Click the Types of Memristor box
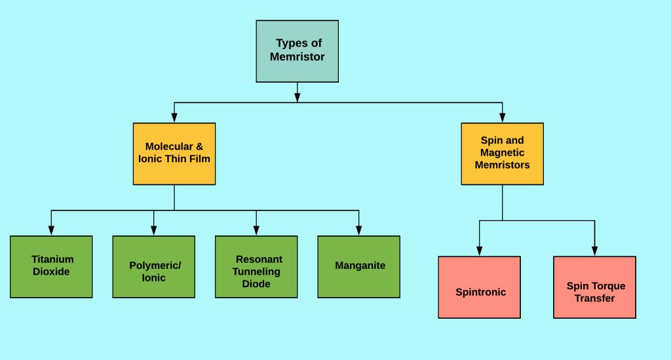(x=297, y=50)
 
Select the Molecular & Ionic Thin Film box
(x=174, y=153)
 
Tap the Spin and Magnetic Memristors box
(x=502, y=153)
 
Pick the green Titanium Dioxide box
(x=51, y=266)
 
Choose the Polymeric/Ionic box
(x=153, y=266)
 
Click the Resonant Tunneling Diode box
(x=256, y=266)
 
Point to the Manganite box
(x=358, y=266)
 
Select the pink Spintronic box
(x=479, y=287)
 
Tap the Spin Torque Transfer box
(x=594, y=287)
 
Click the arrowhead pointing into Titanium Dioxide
(x=51, y=230)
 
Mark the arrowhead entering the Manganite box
(x=358, y=230)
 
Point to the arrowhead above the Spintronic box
(x=479, y=250)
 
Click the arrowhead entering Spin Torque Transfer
(x=594, y=250)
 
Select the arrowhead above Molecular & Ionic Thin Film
(x=174, y=117)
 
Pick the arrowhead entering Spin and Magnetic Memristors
(x=502, y=117)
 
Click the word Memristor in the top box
(x=297, y=57)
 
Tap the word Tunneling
(x=256, y=271)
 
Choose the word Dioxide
(x=51, y=271)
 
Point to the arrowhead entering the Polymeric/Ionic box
(x=153, y=230)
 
